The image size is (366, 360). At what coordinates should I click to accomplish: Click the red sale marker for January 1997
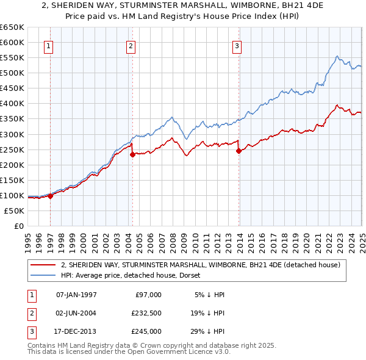pyautogui.click(x=50, y=196)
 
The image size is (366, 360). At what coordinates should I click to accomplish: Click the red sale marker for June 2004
pyautogui.click(x=132, y=154)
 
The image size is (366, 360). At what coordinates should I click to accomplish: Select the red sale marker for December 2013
pyautogui.click(x=239, y=151)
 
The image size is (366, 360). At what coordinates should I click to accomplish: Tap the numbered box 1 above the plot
pyautogui.click(x=48, y=45)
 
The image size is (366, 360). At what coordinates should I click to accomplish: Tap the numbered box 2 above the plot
pyautogui.click(x=131, y=45)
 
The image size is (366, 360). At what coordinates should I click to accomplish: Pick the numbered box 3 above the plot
pyautogui.click(x=237, y=45)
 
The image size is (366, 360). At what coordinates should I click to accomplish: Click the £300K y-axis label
pyautogui.click(x=12, y=134)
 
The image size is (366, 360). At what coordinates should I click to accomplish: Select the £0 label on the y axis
pyautogui.click(x=18, y=226)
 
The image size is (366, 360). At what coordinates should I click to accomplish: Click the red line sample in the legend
pyautogui.click(x=43, y=265)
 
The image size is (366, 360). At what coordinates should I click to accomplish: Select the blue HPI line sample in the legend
pyautogui.click(x=43, y=275)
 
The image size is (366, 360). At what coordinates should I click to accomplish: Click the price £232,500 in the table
pyautogui.click(x=146, y=312)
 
